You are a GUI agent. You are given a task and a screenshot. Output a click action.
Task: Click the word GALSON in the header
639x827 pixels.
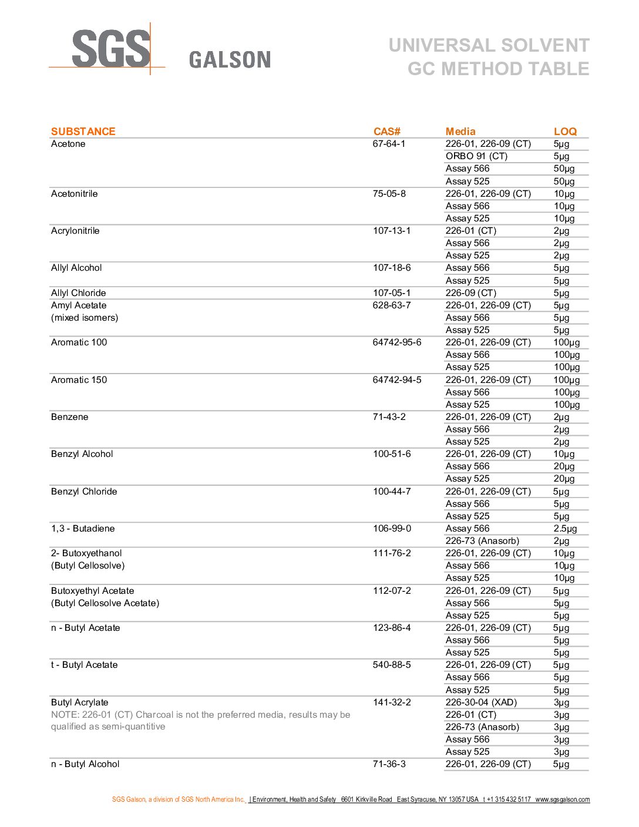coord(230,60)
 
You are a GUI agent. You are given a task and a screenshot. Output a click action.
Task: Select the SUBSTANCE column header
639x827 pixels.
coord(83,132)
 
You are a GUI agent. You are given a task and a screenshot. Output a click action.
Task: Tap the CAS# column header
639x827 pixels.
coord(386,132)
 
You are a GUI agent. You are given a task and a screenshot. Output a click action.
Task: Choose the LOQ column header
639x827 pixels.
coord(565,132)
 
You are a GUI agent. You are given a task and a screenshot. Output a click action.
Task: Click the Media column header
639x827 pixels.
coord(460,132)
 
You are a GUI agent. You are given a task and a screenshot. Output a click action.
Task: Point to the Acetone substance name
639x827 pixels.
coord(68,144)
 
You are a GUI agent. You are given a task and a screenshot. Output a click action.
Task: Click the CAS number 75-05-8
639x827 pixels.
coord(389,194)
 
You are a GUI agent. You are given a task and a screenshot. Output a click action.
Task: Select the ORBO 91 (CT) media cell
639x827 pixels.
coord(476,156)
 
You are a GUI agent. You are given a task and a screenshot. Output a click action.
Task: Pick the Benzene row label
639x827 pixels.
coord(69,417)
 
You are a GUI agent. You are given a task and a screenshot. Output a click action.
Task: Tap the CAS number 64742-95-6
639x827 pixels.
coord(397,342)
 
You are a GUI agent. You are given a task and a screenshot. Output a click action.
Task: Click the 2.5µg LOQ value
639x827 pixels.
coord(565,529)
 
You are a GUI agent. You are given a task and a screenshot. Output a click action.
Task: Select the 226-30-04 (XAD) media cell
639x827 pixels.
coord(481,702)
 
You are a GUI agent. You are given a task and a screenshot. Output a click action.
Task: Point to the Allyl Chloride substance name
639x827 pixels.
coord(78,293)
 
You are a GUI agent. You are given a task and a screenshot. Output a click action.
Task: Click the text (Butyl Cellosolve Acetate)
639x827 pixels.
coord(105,603)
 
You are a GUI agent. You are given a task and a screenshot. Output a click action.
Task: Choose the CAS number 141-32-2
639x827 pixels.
coord(392,702)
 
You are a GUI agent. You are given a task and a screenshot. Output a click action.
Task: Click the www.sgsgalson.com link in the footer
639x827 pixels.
coord(562,799)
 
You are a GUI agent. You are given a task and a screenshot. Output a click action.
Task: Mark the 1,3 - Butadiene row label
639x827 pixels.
coord(83,529)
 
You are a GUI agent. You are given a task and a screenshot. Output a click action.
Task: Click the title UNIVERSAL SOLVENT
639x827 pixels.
coord(489,45)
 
